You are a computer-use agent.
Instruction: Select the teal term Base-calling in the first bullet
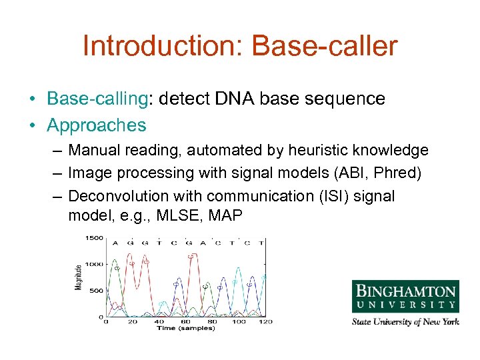pos(96,99)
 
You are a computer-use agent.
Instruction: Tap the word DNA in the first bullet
pos(235,99)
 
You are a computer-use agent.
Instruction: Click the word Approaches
pos(96,125)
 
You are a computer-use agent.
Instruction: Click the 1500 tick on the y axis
pos(93,238)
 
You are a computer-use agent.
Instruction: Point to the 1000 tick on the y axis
pos(93,265)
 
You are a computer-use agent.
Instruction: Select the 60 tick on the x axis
pos(185,322)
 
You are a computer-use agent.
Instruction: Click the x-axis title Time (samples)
pos(185,328)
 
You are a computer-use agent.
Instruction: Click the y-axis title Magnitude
pos(78,276)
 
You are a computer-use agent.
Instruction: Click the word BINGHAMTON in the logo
pos(405,291)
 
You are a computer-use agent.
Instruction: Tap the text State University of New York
pos(405,322)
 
